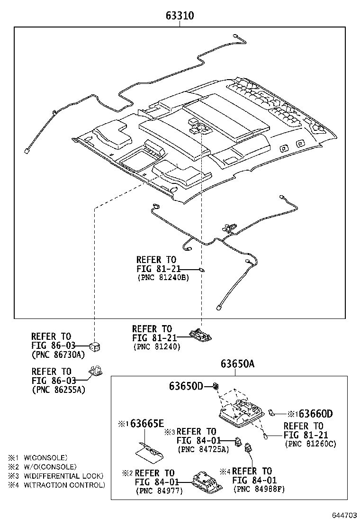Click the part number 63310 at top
180,16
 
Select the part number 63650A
237,364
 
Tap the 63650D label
186,387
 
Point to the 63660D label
311,414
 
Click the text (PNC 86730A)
58,354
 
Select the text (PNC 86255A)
58,390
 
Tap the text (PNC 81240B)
163,278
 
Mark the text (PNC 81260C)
311,444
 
